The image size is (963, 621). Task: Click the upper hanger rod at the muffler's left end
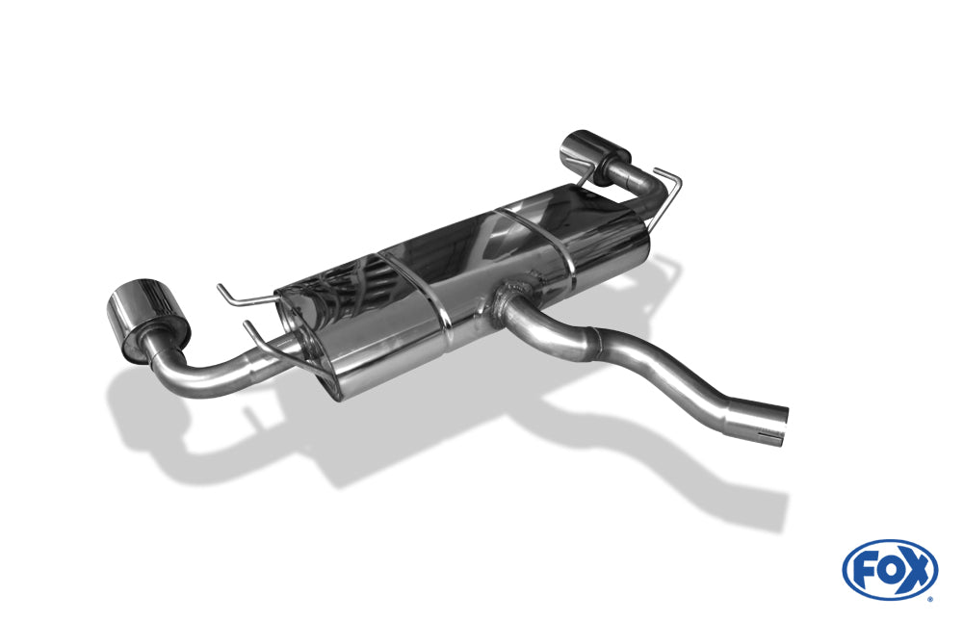point(241,295)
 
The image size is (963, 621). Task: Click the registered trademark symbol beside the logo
point(929,598)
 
